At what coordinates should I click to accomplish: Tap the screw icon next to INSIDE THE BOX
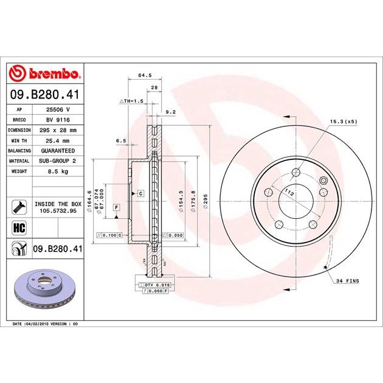tap(19, 207)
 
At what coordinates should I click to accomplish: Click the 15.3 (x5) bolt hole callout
tap(344, 122)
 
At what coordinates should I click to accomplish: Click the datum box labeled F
tap(116, 207)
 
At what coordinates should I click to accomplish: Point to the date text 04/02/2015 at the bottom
tap(41, 324)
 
